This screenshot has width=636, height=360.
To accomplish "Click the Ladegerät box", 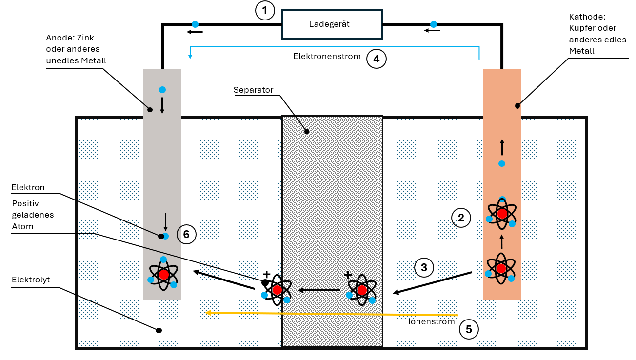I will tap(332, 24).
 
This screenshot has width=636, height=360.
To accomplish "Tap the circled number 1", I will tap(265, 10).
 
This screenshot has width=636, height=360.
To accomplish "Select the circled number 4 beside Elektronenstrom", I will tap(376, 59).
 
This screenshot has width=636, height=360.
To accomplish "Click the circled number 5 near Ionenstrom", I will tap(469, 329).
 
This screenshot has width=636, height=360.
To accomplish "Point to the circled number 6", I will tap(186, 234).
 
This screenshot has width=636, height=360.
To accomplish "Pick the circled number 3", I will tap(424, 267).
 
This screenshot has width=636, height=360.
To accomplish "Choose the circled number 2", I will tap(461, 218).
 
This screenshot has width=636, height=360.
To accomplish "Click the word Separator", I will tap(253, 90).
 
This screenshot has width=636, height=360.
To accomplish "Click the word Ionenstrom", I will tap(431, 322).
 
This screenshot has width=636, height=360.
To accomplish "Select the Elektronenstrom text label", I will tap(327, 57).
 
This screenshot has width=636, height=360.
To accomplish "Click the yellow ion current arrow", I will tap(332, 313).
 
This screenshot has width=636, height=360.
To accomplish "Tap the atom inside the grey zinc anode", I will tap(163, 274).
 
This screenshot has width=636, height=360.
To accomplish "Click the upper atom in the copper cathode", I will tap(502, 213).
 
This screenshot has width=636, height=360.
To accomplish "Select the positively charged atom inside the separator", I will tap(361, 290).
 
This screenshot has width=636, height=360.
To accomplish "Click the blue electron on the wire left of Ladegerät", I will tap(195, 24).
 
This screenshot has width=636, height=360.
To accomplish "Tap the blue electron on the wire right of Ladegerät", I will tap(433, 24).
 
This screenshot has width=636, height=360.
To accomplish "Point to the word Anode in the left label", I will tap(58, 38).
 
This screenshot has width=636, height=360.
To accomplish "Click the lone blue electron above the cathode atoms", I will tap(502, 163).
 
